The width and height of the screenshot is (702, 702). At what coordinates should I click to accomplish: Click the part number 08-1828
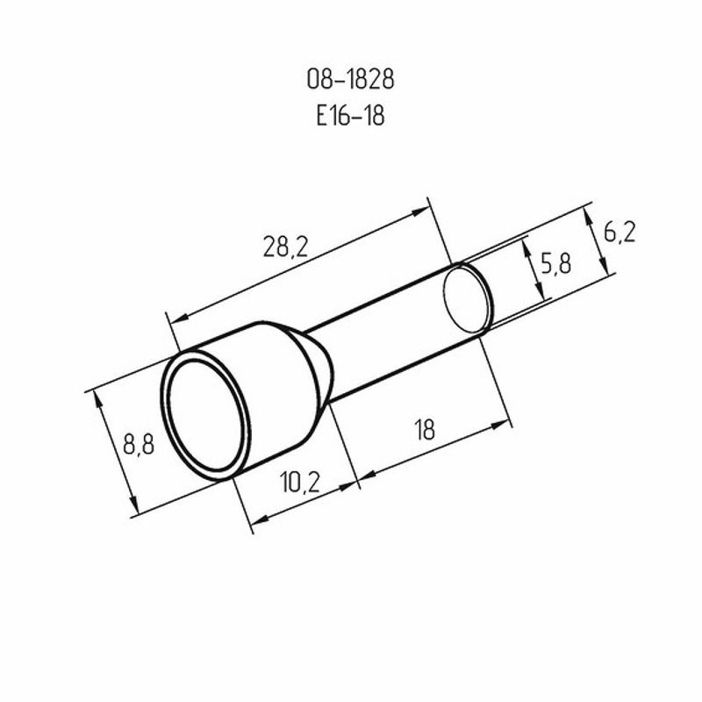click(350, 80)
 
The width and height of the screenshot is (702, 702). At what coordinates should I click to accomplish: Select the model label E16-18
click(350, 116)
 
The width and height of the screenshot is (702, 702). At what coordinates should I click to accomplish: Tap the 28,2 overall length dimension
click(286, 247)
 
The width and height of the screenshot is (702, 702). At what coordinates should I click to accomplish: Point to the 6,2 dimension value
click(620, 233)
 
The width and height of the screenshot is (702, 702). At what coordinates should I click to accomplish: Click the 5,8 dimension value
click(556, 263)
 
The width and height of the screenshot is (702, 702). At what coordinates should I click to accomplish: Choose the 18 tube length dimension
click(425, 430)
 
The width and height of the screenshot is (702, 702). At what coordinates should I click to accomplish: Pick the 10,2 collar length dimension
click(299, 483)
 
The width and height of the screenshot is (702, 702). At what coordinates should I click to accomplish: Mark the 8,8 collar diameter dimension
click(139, 445)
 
